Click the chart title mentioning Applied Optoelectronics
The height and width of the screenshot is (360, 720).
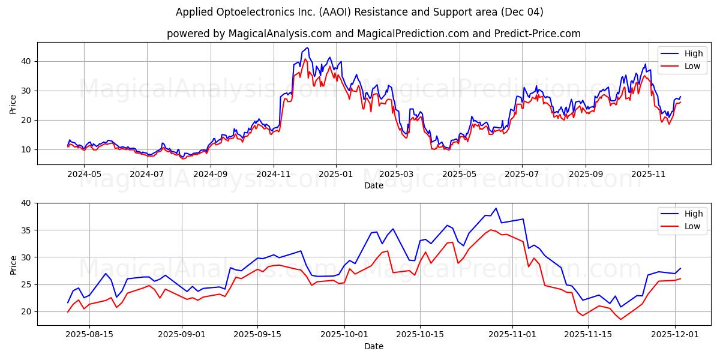[x=359, y=12]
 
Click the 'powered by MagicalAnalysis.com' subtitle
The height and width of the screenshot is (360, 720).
[x=373, y=34]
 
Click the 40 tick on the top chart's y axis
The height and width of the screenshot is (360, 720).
[x=26, y=61]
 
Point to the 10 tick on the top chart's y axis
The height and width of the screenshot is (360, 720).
[x=26, y=149]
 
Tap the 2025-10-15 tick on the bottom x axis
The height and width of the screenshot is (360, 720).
[x=419, y=334]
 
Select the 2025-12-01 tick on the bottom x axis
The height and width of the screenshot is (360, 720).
[x=675, y=334]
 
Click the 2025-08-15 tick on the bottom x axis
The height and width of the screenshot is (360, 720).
[x=89, y=334]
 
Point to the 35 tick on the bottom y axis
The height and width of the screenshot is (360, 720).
[x=26, y=230]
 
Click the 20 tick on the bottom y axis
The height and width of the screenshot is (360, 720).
[x=26, y=311]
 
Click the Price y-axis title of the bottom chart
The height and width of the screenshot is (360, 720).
[x=13, y=264]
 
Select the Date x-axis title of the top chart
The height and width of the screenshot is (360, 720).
[x=373, y=185]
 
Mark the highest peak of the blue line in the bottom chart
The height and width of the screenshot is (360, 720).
[x=496, y=208]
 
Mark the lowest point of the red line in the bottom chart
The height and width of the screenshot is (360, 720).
[x=620, y=319]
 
